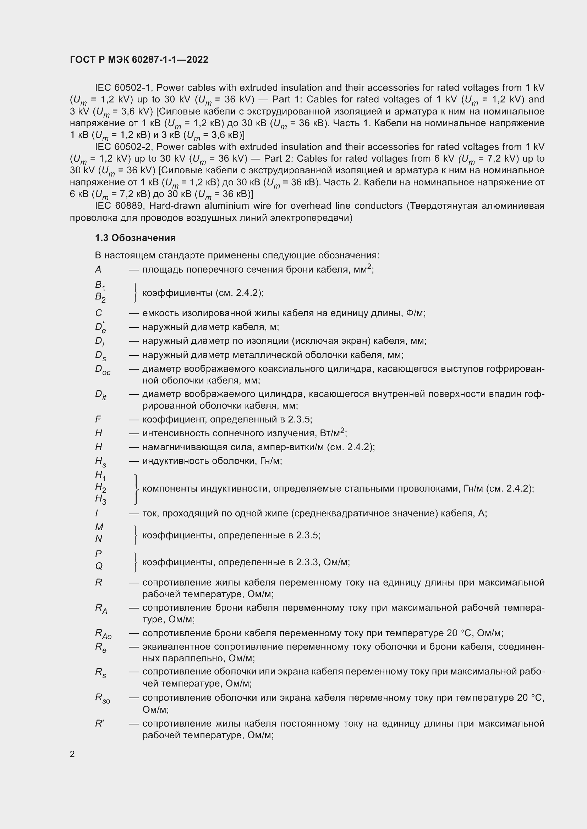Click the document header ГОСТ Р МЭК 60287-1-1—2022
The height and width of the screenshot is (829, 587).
point(139,60)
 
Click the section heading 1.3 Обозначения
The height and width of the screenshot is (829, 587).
point(135,238)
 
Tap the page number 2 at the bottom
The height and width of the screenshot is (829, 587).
point(72,754)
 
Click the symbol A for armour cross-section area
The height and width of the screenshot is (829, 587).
point(98,269)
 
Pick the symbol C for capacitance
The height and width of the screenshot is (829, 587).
point(98,313)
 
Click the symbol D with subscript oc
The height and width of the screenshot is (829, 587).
point(102,370)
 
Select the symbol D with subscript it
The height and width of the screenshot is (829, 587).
point(100,394)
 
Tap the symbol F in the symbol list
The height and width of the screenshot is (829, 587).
point(98,419)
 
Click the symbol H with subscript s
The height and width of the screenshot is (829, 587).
point(100,461)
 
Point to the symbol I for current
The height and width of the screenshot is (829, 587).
point(97,513)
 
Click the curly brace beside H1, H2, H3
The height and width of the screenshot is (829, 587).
point(136,489)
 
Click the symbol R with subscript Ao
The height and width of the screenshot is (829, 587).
point(103,633)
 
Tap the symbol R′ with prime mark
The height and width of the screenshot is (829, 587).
point(99,724)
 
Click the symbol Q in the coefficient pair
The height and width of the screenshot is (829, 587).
point(99,566)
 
